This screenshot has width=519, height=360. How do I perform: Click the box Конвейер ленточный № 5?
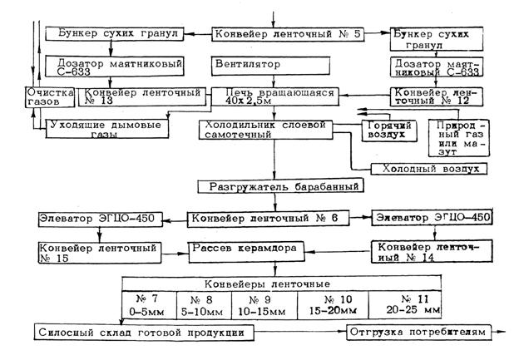274,35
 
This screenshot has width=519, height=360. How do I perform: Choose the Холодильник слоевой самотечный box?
262,127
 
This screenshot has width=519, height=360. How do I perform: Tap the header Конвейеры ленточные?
270,283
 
